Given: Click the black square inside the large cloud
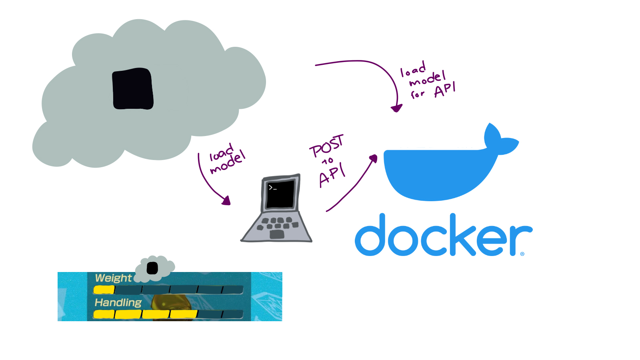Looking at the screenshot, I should click(x=133, y=89).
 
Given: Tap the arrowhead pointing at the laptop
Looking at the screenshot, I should click(x=227, y=200).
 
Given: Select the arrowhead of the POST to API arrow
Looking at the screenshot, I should click(x=374, y=158).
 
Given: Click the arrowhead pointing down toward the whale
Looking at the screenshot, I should click(x=396, y=108).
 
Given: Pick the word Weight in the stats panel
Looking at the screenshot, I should click(x=113, y=278).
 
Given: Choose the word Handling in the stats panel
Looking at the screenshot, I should click(x=118, y=303).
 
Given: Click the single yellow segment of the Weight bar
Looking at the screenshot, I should click(x=104, y=290).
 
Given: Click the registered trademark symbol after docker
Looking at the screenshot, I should click(x=522, y=254).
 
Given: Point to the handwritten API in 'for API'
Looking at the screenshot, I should click(x=445, y=90).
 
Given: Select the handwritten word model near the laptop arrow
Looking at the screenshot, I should click(x=228, y=163).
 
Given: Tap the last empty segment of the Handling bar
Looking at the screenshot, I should click(x=233, y=314).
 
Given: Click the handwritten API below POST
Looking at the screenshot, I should click(x=332, y=176).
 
